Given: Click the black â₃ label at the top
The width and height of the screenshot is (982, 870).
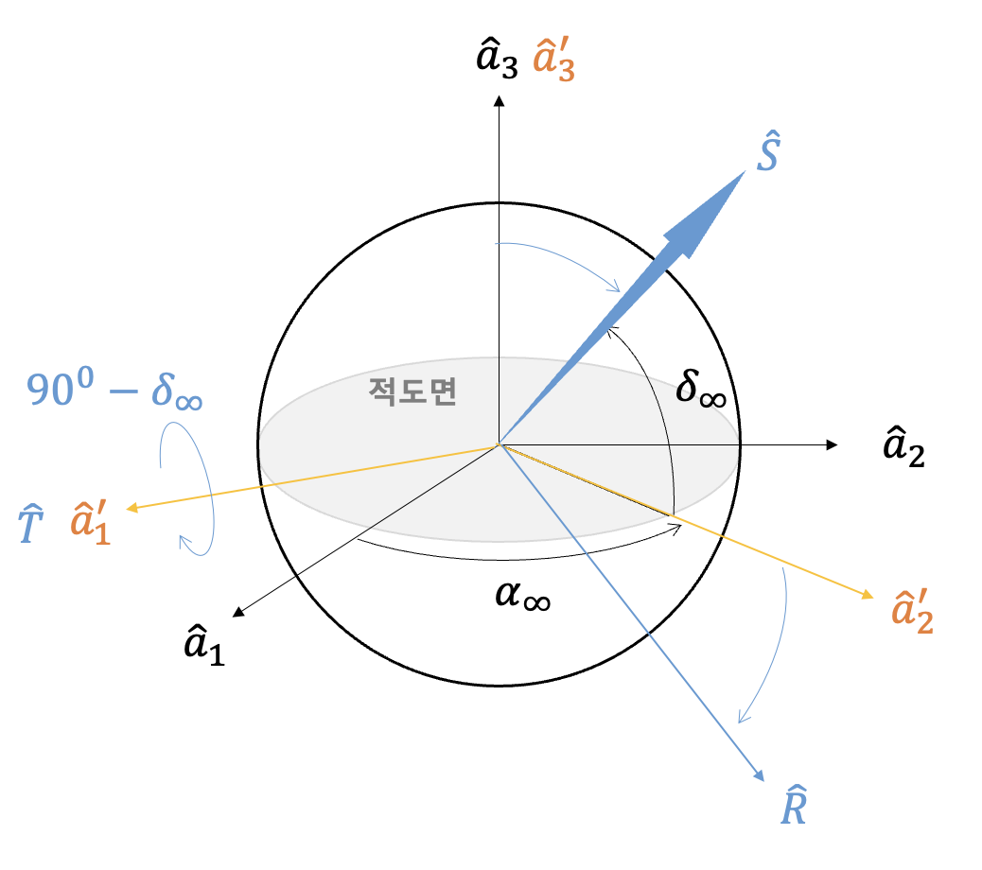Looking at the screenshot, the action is click(x=496, y=60).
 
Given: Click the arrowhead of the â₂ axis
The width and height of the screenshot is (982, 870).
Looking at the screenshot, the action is click(x=833, y=444).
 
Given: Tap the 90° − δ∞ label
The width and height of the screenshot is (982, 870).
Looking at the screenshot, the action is click(x=114, y=390).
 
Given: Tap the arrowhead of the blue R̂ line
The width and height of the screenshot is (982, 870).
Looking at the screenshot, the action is click(x=760, y=776).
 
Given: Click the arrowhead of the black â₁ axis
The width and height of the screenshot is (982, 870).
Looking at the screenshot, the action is click(x=237, y=613).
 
